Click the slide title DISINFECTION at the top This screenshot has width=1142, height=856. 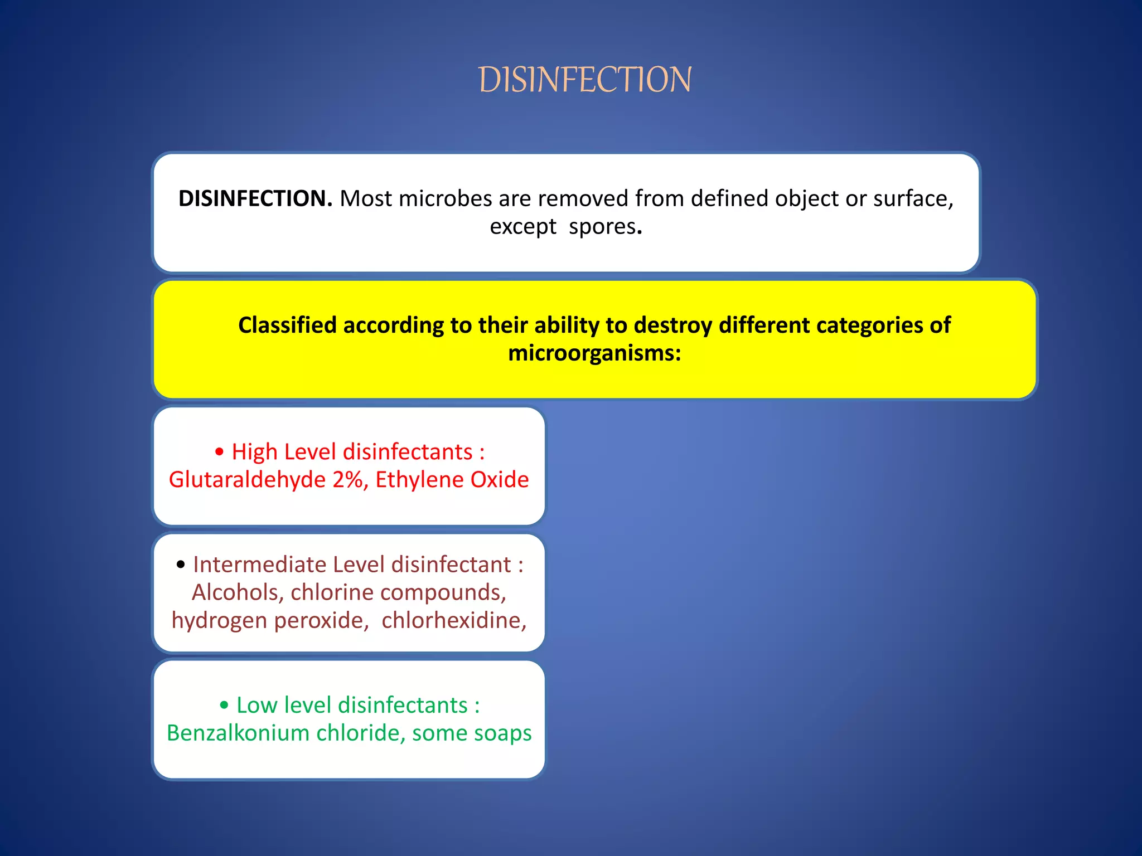[x=585, y=80]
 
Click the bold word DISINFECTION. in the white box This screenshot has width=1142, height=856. [x=255, y=198]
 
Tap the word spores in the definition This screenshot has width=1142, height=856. [x=602, y=227]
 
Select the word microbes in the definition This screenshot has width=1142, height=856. [x=446, y=198]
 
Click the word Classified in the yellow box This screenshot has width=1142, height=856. [x=287, y=325]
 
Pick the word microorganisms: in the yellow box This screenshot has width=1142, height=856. [x=594, y=353]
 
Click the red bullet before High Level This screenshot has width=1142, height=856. [x=220, y=452]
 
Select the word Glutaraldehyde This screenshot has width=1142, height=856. [x=247, y=480]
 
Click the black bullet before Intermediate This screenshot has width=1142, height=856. [x=181, y=565]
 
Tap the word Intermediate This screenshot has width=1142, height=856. [x=259, y=565]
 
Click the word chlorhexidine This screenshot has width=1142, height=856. [x=453, y=620]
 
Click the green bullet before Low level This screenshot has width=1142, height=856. [x=224, y=706]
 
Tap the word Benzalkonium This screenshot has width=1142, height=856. [x=238, y=733]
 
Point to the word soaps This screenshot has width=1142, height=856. [x=504, y=733]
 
